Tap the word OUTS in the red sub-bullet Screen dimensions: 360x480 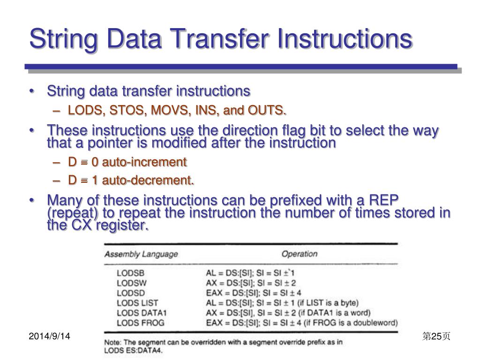click(x=269, y=111)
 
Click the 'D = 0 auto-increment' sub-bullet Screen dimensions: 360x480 click(x=127, y=162)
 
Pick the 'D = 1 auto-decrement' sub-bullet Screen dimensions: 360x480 click(x=131, y=180)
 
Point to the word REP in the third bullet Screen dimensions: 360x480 click(x=383, y=201)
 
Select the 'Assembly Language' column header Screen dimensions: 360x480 click(x=141, y=254)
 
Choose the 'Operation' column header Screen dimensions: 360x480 click(x=299, y=254)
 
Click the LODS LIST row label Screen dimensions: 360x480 click(x=137, y=303)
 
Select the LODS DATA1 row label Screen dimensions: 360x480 click(x=142, y=313)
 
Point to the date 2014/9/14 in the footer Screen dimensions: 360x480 click(x=49, y=336)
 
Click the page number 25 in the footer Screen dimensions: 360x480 click(x=436, y=336)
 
